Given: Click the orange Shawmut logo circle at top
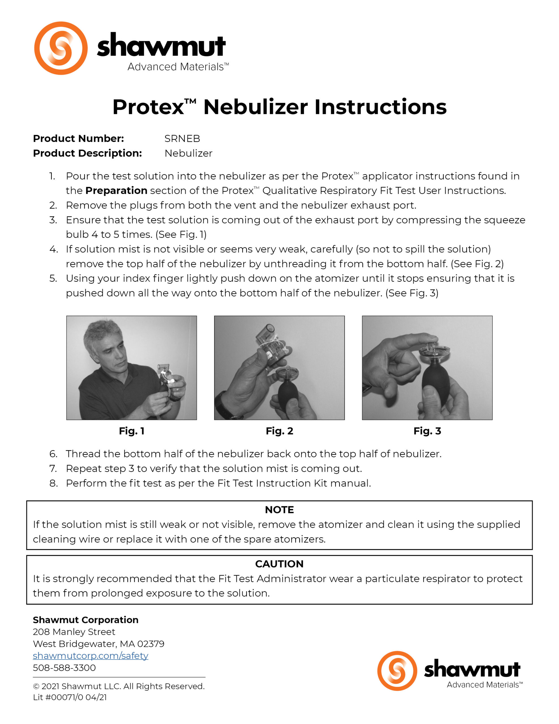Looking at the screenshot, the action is (x=61, y=48).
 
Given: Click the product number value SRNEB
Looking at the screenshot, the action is (x=182, y=139).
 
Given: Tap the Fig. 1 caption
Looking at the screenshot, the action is (x=131, y=431).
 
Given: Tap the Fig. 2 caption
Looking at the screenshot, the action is (x=279, y=431).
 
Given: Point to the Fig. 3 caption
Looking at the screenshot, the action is (x=427, y=431).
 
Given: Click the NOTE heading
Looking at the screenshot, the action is (x=279, y=510).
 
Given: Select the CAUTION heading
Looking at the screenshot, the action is (x=279, y=564).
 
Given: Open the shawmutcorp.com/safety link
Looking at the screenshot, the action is (x=90, y=656).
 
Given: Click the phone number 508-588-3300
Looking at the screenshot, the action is (x=64, y=668).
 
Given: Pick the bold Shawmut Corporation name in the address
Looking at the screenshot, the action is (x=86, y=620).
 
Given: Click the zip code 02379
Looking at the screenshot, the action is (x=150, y=644).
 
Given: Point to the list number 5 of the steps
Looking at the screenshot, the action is (x=53, y=279).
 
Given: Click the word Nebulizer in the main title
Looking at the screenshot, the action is (x=255, y=107).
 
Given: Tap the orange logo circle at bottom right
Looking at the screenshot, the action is (x=397, y=671).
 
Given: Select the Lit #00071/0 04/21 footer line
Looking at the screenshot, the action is (x=70, y=697).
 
